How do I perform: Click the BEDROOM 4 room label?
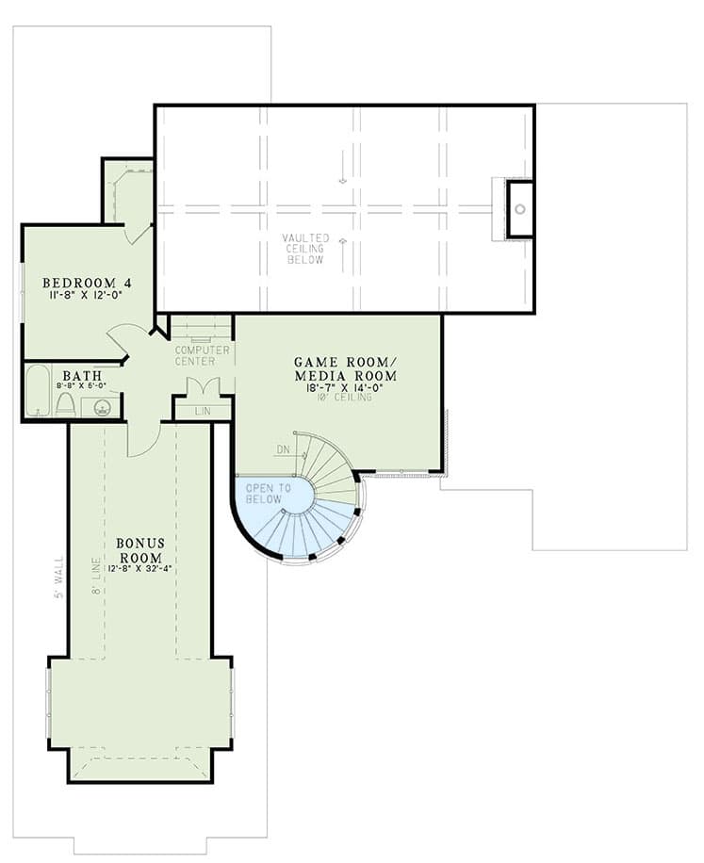point(87,283)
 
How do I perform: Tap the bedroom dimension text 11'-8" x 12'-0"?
point(87,296)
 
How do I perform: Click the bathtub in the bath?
point(39,391)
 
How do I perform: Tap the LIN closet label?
point(203,411)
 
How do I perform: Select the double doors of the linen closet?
point(203,386)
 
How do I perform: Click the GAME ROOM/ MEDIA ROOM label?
point(345,368)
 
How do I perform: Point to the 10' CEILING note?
point(345,398)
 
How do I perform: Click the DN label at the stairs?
point(284,450)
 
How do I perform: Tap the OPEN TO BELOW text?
point(264,493)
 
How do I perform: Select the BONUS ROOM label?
point(141,549)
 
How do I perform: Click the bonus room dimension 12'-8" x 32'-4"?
point(141,568)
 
